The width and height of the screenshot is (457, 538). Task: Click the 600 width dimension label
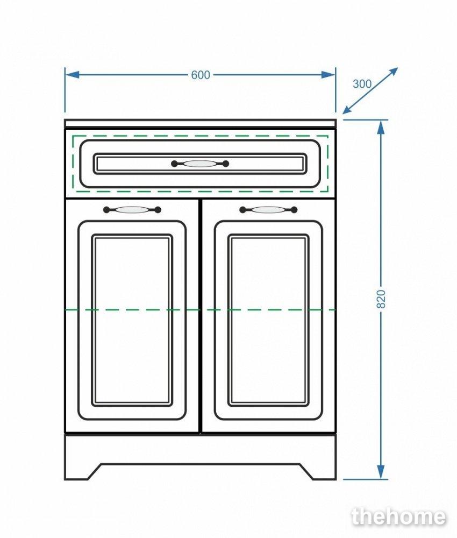point(201,75)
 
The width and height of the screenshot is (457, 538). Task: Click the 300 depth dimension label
point(362,84)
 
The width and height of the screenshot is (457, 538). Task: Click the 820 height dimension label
point(381,299)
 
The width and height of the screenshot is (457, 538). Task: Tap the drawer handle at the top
point(200,164)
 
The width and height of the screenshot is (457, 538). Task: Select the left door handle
point(132,210)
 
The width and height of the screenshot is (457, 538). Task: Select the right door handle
point(268,210)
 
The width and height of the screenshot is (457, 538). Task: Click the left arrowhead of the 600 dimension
point(72,75)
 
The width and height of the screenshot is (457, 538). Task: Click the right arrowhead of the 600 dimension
point(329,75)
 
